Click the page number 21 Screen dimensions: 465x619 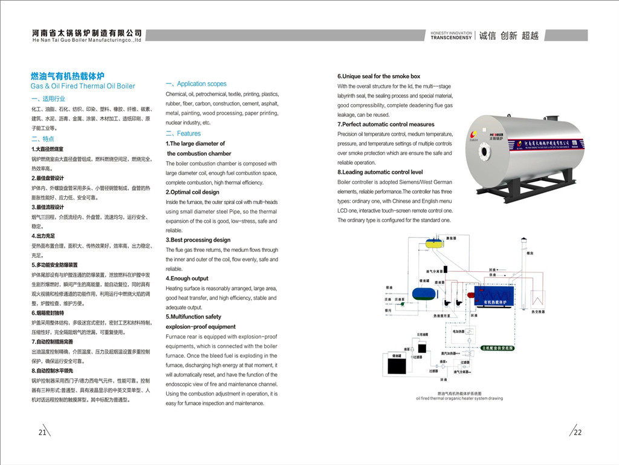pos(42,432)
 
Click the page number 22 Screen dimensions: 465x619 pos(577,432)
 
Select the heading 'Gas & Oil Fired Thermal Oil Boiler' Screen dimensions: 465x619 pos(83,86)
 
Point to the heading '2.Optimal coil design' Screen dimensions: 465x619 pos(192,192)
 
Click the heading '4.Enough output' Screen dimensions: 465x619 pos(187,279)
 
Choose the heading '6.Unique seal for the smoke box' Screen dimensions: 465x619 pos(378,76)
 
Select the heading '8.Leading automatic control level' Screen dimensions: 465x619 pos(380,172)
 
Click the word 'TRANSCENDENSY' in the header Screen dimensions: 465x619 pos(450,38)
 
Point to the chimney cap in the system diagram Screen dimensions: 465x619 pos(526,248)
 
